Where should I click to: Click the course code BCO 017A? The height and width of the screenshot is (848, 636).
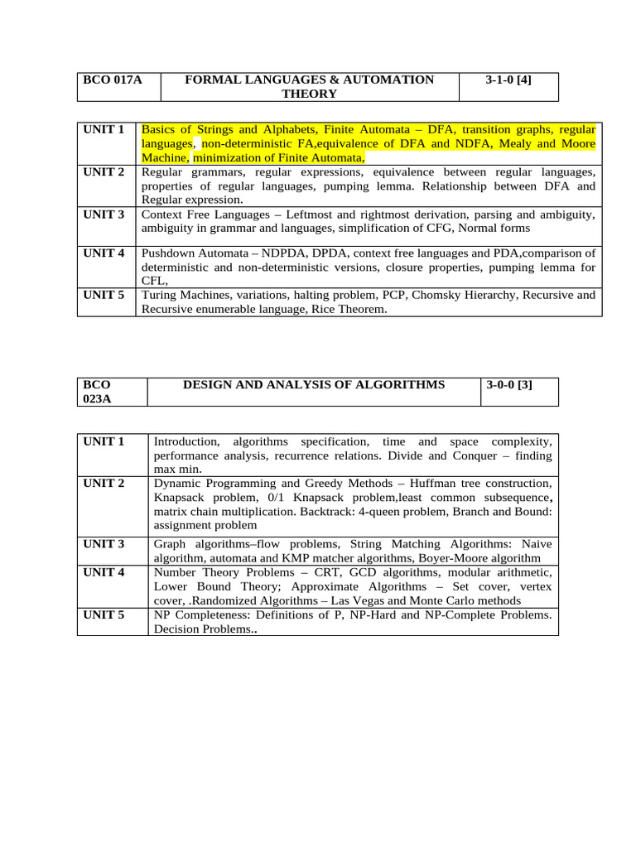[113, 79]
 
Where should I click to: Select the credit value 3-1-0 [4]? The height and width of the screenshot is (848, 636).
[508, 79]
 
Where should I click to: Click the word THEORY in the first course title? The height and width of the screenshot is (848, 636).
[309, 94]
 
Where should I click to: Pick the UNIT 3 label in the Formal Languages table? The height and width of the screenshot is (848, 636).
[104, 214]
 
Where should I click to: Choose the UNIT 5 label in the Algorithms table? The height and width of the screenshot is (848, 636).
[104, 614]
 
